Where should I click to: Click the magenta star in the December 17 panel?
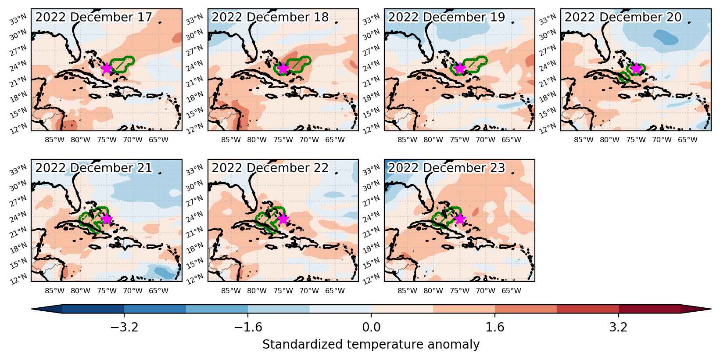(106, 68)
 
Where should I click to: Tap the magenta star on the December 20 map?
(636, 68)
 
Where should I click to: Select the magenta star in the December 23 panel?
(460, 219)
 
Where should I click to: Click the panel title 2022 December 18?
(270, 17)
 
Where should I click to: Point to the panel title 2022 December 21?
(93, 168)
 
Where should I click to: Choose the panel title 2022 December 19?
(447, 17)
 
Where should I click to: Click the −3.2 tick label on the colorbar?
(124, 327)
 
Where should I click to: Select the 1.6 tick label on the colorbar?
(494, 327)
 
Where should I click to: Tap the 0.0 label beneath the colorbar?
(371, 327)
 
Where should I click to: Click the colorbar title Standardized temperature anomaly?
(371, 344)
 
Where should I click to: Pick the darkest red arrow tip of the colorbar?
(696, 309)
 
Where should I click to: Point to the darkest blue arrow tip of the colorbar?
(47, 309)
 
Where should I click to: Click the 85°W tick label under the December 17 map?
(54, 140)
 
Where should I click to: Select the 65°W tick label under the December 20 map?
(688, 140)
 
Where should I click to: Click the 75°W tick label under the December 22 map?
(283, 291)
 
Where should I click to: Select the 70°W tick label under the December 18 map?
(309, 140)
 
